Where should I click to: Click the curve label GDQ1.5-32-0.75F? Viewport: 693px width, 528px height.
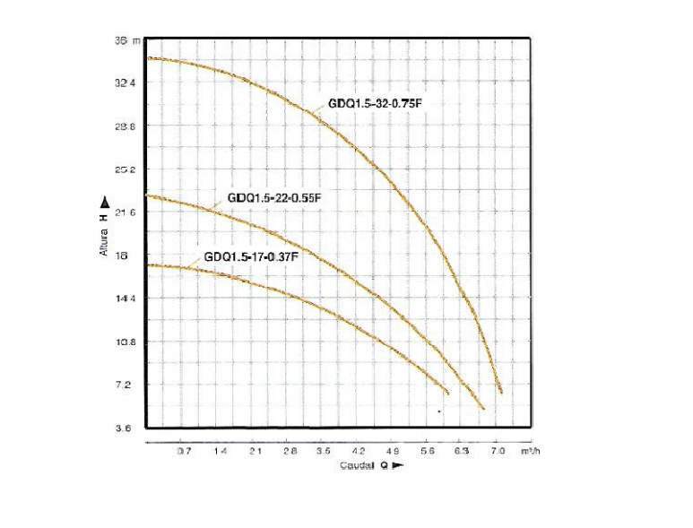(x=374, y=103)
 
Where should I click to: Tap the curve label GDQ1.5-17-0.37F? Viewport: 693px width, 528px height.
(x=251, y=256)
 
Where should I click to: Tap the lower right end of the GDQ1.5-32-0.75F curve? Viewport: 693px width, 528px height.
(x=500, y=392)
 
